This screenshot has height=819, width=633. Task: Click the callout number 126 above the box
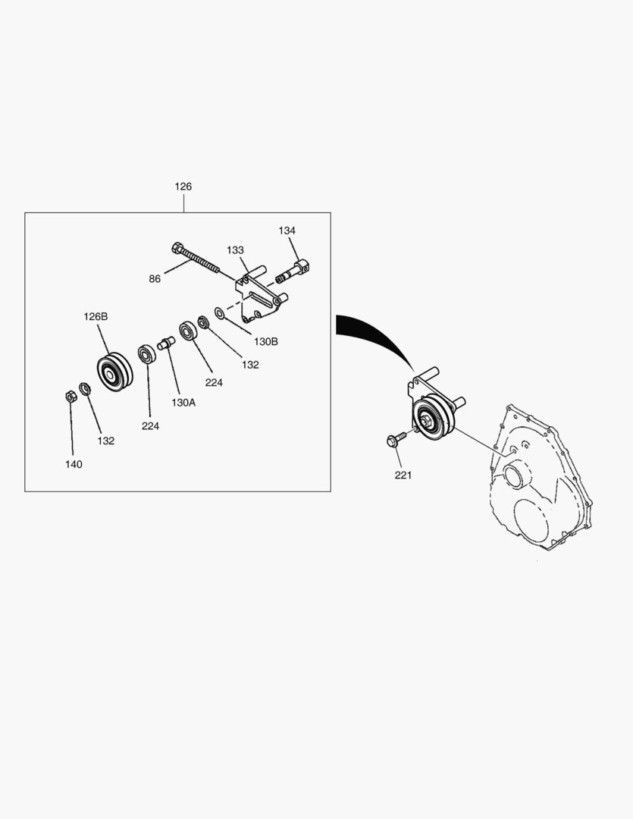click(183, 187)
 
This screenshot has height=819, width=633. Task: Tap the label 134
click(287, 231)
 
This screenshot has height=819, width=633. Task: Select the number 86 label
click(155, 279)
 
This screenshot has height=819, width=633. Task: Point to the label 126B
click(96, 316)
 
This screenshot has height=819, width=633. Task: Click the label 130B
click(266, 341)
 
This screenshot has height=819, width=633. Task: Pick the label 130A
click(183, 403)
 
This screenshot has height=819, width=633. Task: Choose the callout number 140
click(74, 464)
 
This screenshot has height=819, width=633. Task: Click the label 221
click(403, 475)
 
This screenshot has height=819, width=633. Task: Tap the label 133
click(235, 250)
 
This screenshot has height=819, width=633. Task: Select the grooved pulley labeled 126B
click(115, 372)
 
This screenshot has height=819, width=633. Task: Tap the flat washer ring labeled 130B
click(220, 313)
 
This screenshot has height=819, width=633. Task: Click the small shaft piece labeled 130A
click(166, 344)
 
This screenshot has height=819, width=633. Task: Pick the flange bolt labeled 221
click(396, 439)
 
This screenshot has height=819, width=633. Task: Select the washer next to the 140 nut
click(85, 388)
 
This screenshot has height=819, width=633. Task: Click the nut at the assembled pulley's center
click(425, 419)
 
